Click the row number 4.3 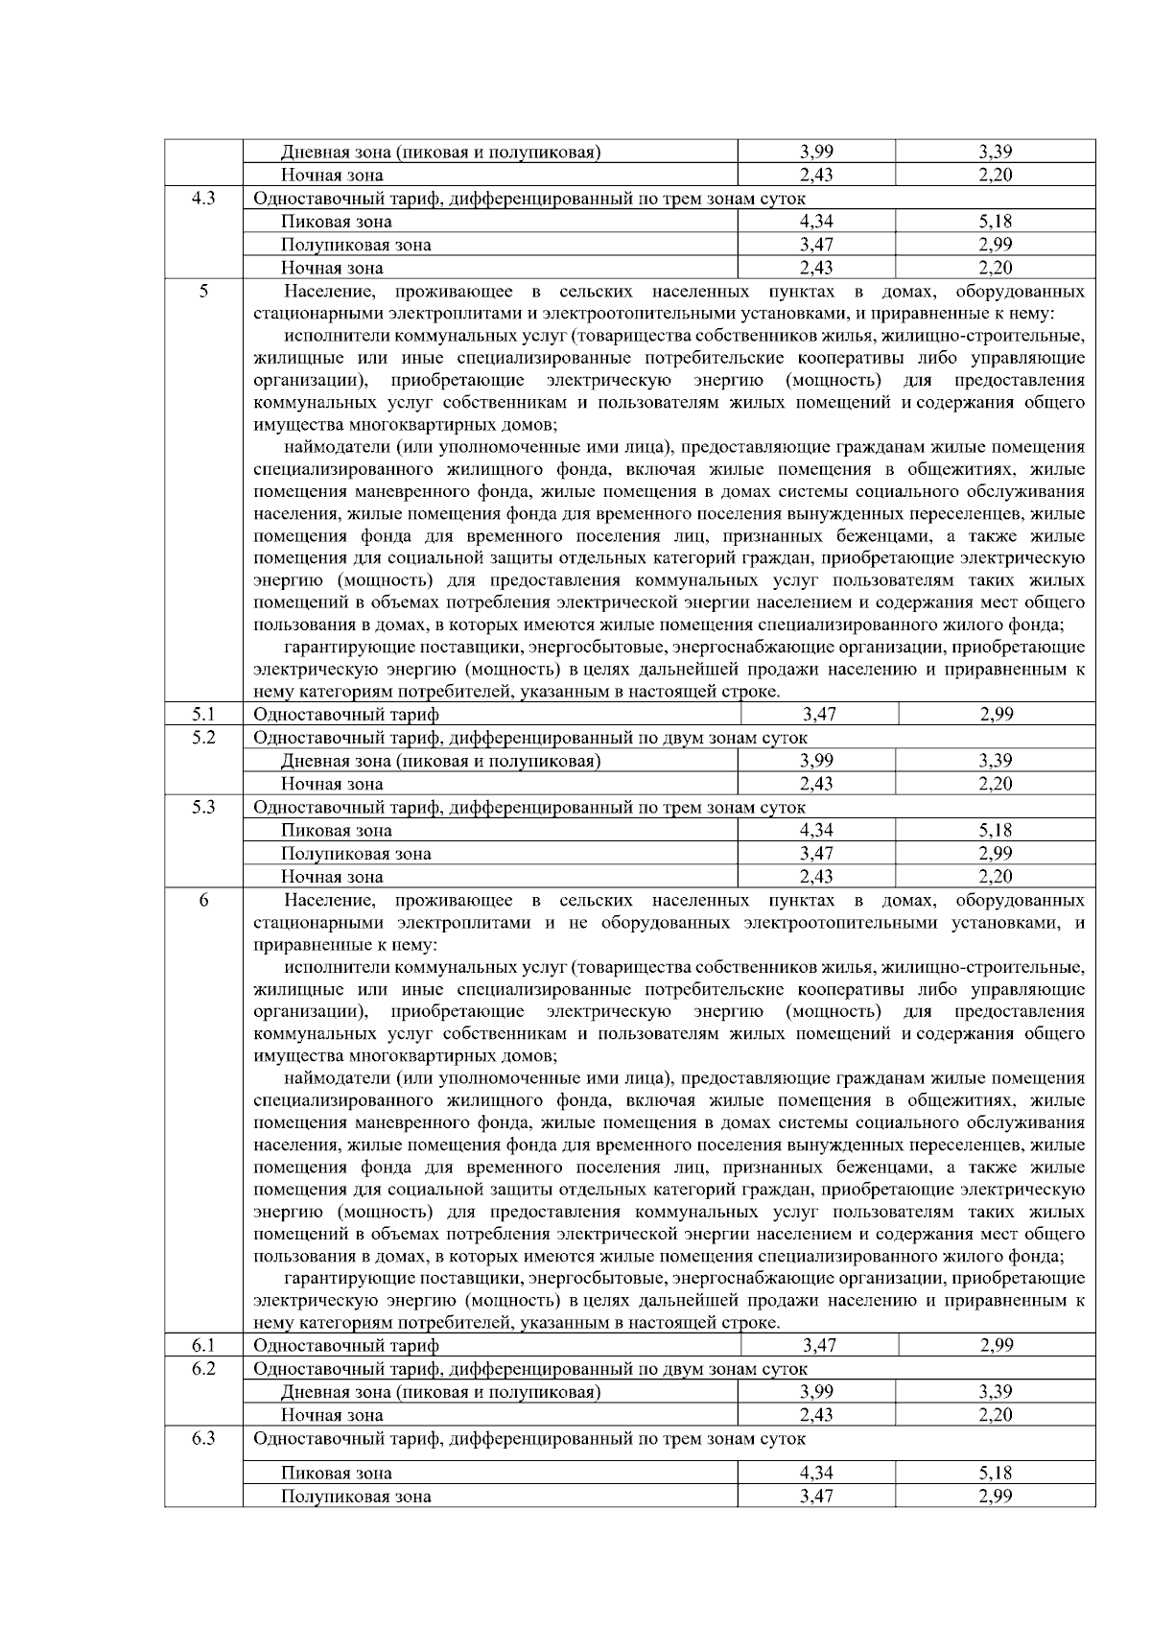pos(202,199)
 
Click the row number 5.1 pos(202,714)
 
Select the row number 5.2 pos(202,737)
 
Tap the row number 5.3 pos(202,807)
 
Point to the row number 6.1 pos(202,1345)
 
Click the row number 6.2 pos(202,1368)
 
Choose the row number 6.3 pos(202,1438)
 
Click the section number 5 pos(202,291)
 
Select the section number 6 pos(202,900)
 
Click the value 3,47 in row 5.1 pos(818,714)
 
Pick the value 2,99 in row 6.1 pos(997,1345)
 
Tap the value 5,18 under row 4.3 pos(996,222)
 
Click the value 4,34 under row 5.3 pos(816,831)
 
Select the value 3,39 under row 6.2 pos(996,1392)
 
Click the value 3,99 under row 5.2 pos(816,761)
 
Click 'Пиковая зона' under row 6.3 pos(336,1474)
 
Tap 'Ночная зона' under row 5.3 pos(332,877)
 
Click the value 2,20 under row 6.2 pos(996,1415)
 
